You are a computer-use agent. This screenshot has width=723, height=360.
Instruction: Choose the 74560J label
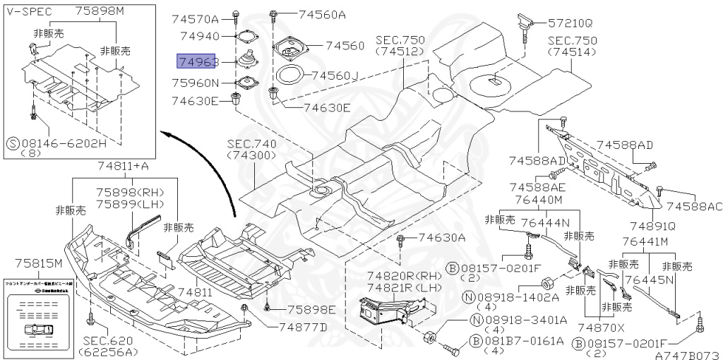pyautogui.click(x=335, y=75)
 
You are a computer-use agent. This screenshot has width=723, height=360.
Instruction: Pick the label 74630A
pyautogui.click(x=441, y=238)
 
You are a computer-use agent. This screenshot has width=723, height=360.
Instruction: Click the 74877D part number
pyautogui.click(x=303, y=327)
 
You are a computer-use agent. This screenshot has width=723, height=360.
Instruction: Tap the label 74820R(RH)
pyautogui.click(x=398, y=275)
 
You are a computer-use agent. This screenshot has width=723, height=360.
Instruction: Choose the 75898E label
pyautogui.click(x=311, y=310)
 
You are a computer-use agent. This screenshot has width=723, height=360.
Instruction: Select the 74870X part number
pyautogui.click(x=601, y=328)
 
